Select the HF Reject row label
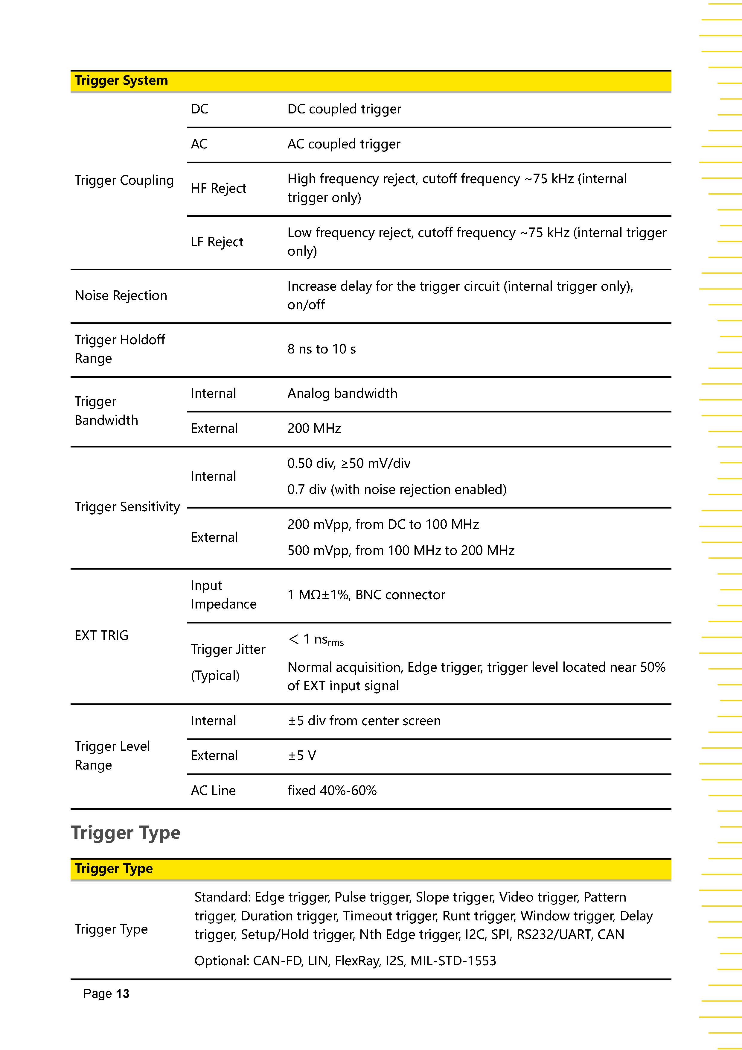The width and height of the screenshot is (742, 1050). tap(218, 188)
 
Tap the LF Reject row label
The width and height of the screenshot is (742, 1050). tap(217, 242)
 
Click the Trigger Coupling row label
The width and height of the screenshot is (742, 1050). tap(124, 180)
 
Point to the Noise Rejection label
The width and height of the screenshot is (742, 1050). tap(121, 295)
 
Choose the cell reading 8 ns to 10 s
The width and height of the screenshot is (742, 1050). tap(321, 349)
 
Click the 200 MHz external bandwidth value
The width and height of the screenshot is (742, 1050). tap(314, 429)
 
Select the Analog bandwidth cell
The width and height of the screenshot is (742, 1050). tap(342, 393)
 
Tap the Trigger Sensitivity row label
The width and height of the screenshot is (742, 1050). tap(127, 507)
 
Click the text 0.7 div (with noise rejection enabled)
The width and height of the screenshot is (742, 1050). tap(397, 489)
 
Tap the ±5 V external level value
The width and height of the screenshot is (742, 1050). tap(301, 755)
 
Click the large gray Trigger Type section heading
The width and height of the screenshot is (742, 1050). tap(126, 832)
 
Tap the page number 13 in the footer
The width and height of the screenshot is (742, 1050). tap(122, 993)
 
